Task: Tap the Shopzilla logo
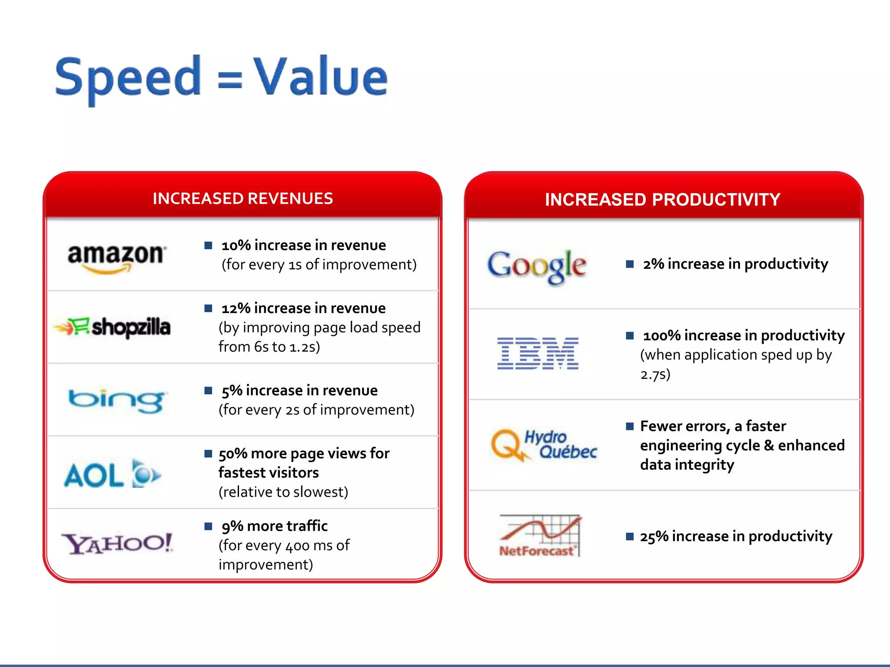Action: pyautogui.click(x=112, y=327)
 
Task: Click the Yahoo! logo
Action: pyautogui.click(x=116, y=543)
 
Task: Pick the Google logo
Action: pyautogui.click(x=537, y=265)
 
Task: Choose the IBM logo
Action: pyautogui.click(x=538, y=353)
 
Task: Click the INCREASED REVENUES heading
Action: pyautogui.click(x=242, y=198)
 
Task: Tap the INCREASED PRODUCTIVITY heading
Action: pyautogui.click(x=663, y=200)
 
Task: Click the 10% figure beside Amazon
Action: pyautogui.click(x=236, y=245)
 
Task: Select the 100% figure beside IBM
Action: pyautogui.click(x=662, y=336)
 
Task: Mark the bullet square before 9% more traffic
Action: pyautogui.click(x=209, y=526)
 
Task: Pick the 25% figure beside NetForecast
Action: pyautogui.click(x=654, y=537)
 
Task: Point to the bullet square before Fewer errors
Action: pyautogui.click(x=630, y=426)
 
